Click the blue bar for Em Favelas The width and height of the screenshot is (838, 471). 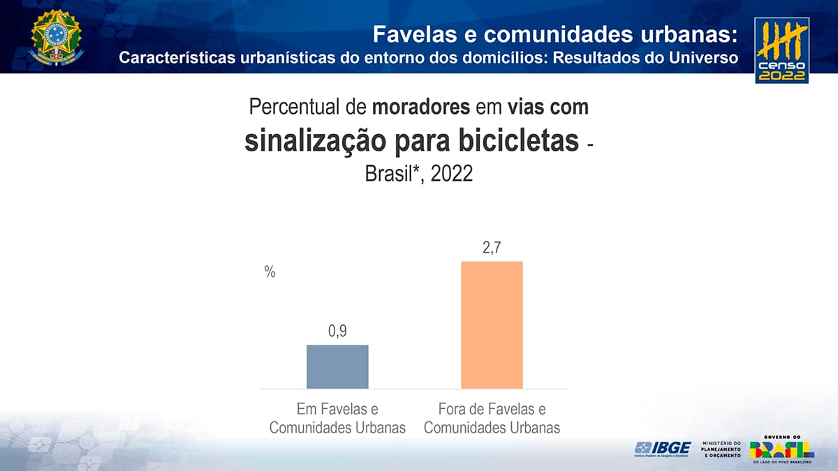click(x=337, y=366)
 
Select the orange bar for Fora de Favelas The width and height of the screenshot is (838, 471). click(x=492, y=324)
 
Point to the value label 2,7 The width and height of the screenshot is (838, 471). click(x=492, y=248)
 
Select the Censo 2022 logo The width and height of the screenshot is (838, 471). click(x=781, y=51)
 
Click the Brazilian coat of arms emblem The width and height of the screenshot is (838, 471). click(x=56, y=38)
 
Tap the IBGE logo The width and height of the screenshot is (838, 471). click(x=663, y=449)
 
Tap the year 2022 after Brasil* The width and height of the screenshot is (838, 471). click(x=452, y=173)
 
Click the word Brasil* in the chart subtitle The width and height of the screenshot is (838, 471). click(x=393, y=173)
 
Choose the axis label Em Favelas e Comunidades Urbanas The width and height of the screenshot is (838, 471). click(x=337, y=418)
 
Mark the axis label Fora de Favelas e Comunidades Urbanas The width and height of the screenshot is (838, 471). click(x=492, y=418)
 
